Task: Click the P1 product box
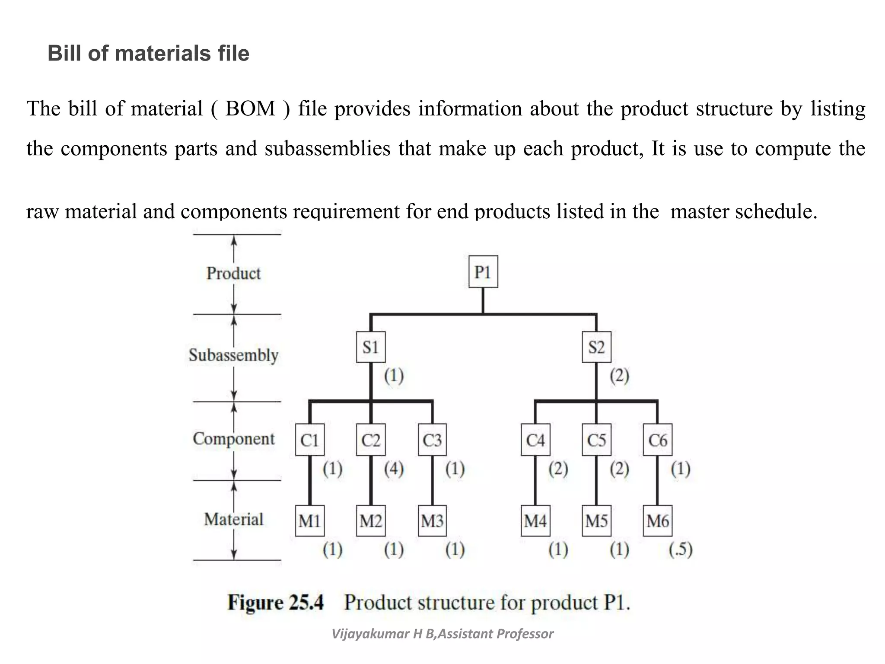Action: click(x=483, y=272)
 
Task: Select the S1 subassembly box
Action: click(x=371, y=347)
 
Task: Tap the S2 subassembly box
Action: click(x=596, y=347)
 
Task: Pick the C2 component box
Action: click(x=371, y=440)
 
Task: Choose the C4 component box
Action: click(x=535, y=440)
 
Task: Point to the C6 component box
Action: click(x=657, y=440)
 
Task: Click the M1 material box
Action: click(x=310, y=521)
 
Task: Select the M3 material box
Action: click(x=432, y=521)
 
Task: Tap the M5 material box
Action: click(x=596, y=521)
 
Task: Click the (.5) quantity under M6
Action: click(x=680, y=549)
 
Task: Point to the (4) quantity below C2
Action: click(x=394, y=469)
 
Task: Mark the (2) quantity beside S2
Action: click(x=619, y=376)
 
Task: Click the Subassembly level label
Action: click(x=233, y=355)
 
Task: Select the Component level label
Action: click(x=233, y=439)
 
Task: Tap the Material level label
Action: click(x=233, y=519)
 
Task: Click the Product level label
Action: click(x=233, y=273)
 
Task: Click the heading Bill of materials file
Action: click(x=148, y=54)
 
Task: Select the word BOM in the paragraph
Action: click(x=250, y=109)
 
